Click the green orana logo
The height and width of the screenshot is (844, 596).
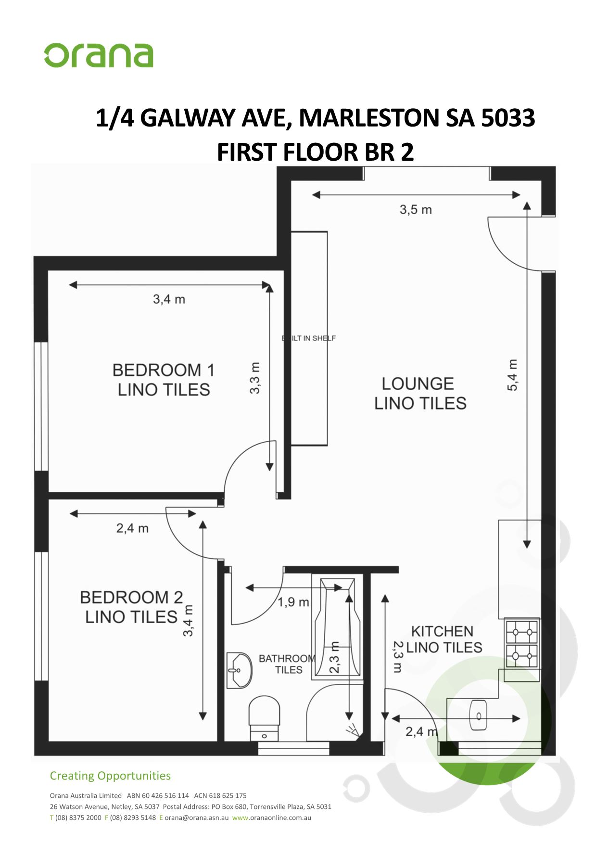click(99, 55)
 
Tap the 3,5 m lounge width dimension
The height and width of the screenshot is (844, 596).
click(416, 210)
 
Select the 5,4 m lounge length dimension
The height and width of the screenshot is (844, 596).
click(513, 375)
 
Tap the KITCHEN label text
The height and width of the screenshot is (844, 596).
click(442, 631)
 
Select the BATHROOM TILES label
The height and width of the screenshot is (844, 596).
click(287, 664)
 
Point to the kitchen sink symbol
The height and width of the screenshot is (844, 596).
click(478, 716)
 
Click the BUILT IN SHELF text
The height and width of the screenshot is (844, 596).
click(309, 338)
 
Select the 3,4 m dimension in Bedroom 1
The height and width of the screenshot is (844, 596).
click(169, 299)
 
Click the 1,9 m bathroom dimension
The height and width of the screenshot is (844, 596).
click(293, 602)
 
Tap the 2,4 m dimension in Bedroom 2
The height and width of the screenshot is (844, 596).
click(132, 528)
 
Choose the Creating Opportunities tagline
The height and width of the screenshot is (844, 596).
click(110, 776)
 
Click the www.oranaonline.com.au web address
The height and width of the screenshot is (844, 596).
click(271, 818)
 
